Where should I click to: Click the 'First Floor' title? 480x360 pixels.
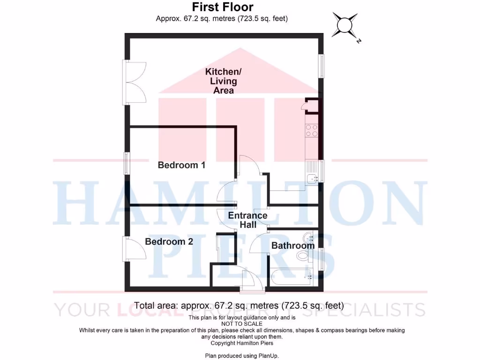click(x=223, y=7)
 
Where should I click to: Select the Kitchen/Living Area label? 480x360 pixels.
click(x=224, y=81)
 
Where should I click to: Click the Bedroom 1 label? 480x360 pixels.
click(x=181, y=165)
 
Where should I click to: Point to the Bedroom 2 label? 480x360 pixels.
click(x=169, y=242)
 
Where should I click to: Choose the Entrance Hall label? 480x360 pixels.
click(x=247, y=220)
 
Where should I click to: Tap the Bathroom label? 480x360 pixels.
click(x=292, y=246)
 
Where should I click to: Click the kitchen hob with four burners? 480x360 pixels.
click(x=312, y=130)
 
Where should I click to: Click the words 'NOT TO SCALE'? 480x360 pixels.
click(x=242, y=324)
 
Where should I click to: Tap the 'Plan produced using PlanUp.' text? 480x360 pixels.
click(x=242, y=356)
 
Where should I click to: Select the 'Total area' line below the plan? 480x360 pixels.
click(x=239, y=306)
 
